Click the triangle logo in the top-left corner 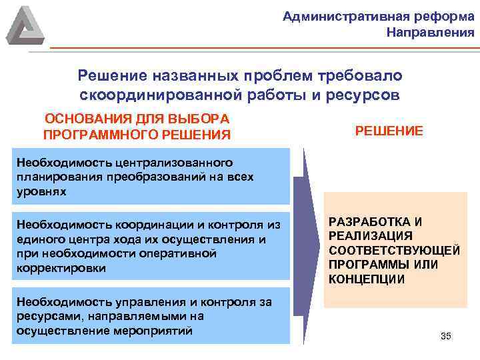[x=25, y=25]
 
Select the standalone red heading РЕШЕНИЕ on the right [x=389, y=131]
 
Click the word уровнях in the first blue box [x=42, y=191]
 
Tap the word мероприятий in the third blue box [x=159, y=330]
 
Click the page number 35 [x=446, y=336]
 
